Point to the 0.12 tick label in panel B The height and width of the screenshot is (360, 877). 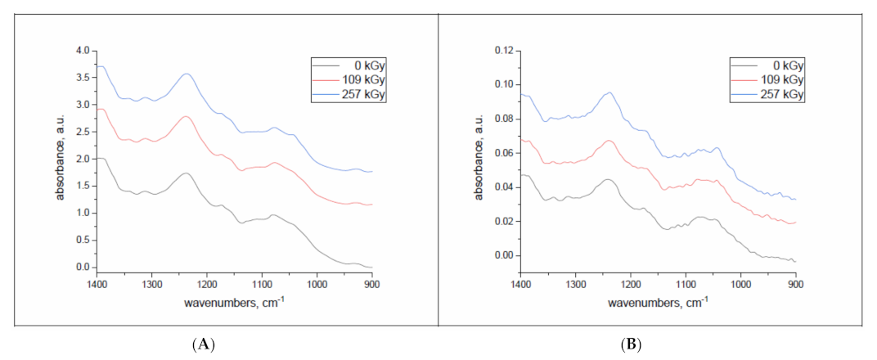pyautogui.click(x=501, y=51)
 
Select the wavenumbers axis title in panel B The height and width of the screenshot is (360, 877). pyautogui.click(x=657, y=303)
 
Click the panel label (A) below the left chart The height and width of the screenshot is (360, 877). pyautogui.click(x=203, y=344)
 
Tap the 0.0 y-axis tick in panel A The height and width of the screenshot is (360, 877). pyautogui.click(x=82, y=268)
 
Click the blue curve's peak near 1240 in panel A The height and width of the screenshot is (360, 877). pyautogui.click(x=187, y=74)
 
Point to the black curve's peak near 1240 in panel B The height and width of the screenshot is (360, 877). pyautogui.click(x=608, y=179)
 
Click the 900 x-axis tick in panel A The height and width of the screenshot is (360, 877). pyautogui.click(x=371, y=285)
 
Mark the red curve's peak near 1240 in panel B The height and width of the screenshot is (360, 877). pyautogui.click(x=609, y=141)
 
